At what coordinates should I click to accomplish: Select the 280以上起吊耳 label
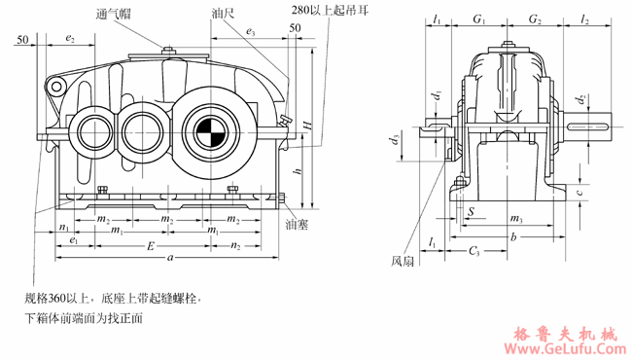click(x=330, y=11)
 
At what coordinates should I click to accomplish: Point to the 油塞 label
click(x=297, y=224)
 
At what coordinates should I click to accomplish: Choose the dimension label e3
click(x=251, y=33)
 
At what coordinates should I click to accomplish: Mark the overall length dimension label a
click(x=171, y=258)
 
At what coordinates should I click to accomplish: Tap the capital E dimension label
click(x=149, y=245)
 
